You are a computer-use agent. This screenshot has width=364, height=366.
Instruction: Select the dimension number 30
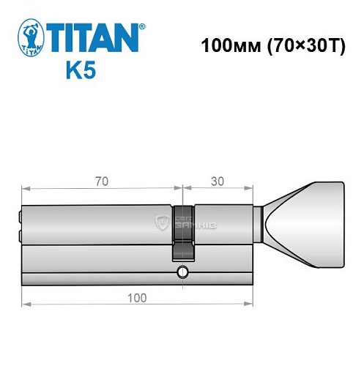[x=218, y=178]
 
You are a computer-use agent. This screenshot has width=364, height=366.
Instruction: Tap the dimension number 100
[x=136, y=297]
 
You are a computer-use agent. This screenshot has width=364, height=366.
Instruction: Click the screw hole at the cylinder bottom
[x=181, y=274]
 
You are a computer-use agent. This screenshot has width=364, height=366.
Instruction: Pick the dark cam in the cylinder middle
[x=182, y=233]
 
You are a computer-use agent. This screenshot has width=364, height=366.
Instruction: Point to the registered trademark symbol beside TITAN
[x=142, y=26]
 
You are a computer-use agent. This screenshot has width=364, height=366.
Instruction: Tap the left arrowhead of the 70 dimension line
[x=23, y=187]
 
